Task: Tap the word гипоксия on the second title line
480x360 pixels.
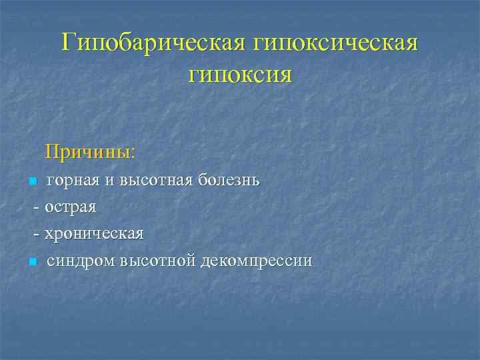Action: (x=240, y=73)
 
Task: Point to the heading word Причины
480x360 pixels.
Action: (x=89, y=153)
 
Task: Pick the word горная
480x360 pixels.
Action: (x=72, y=181)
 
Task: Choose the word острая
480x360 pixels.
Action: (x=70, y=207)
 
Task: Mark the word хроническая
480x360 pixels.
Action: (x=94, y=234)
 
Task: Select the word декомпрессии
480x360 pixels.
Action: (x=257, y=261)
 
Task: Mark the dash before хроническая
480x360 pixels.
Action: (x=37, y=234)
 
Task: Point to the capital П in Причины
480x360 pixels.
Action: (x=53, y=153)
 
